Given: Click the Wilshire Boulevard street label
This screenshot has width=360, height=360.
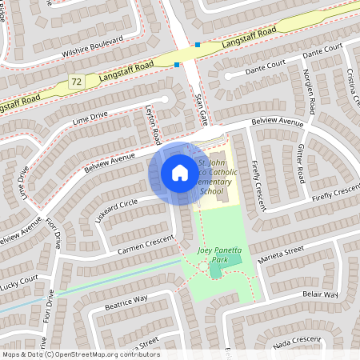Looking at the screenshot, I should pyautogui.click(x=91, y=46).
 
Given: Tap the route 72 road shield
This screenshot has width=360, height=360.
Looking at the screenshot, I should pyautogui.click(x=76, y=82).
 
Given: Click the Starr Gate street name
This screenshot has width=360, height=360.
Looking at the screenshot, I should pyautogui.click(x=201, y=108).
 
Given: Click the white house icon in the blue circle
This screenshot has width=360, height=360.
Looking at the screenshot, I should pyautogui.click(x=180, y=173).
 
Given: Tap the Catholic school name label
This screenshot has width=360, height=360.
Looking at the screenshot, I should pyautogui.click(x=216, y=177).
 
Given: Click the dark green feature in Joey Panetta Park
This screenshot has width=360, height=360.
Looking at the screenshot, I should pyautogui.click(x=215, y=271).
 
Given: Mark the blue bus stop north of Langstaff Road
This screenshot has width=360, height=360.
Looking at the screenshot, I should pyautogui.click(x=197, y=45).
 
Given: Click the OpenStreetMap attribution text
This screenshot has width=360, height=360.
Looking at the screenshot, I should pyautogui.click(x=80, y=354).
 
